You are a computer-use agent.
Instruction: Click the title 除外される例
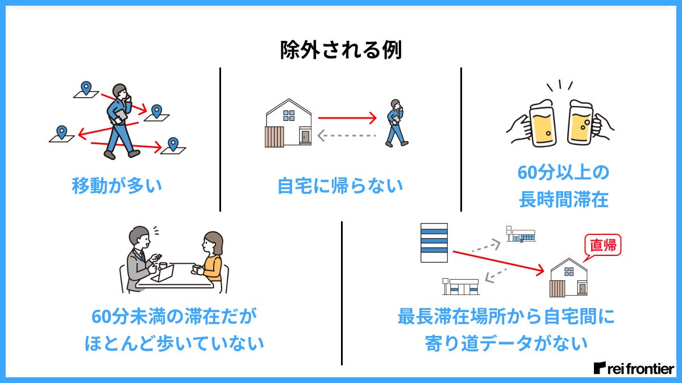click(341, 50)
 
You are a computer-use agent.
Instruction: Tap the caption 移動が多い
click(117, 186)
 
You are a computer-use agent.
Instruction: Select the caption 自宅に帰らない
click(340, 186)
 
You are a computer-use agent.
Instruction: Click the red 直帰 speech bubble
click(603, 246)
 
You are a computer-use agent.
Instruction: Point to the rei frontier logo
click(633, 368)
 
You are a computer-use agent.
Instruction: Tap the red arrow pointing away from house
click(347, 118)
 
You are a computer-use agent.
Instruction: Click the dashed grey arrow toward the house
click(347, 136)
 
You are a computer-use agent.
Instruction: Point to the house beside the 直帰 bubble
click(569, 278)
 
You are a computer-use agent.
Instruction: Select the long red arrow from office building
click(498, 260)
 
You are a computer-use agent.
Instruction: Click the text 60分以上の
click(563, 172)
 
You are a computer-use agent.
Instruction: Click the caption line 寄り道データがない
click(506, 343)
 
